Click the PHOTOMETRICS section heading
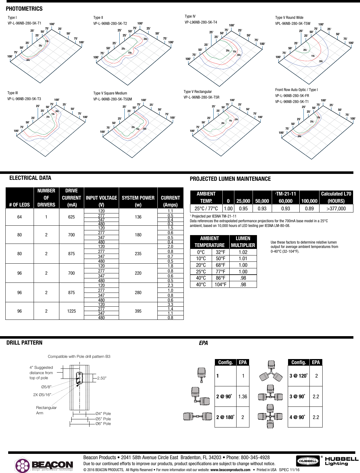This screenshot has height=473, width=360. click(24, 9)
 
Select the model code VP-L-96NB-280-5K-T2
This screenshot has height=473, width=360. click(110, 24)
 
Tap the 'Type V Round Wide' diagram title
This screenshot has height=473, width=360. click(289, 18)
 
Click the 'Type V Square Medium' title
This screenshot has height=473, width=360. click(110, 93)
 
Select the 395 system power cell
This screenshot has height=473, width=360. click(138, 311)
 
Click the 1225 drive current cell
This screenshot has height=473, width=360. click(71, 311)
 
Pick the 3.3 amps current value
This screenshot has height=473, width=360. click(170, 304)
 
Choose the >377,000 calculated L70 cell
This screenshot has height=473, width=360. click(336, 209)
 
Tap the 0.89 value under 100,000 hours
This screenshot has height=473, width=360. click(309, 209)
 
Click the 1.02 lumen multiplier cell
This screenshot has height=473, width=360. click(243, 252)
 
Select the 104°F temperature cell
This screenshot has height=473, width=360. click(220, 285)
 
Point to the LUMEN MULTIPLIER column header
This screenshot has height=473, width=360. click(243, 242)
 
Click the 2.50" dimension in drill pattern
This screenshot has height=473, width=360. click(101, 378)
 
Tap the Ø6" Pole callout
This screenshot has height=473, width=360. click(103, 424)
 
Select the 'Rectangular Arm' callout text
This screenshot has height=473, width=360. click(46, 410)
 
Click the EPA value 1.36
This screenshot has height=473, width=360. click(243, 397)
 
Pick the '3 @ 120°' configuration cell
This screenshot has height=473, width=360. click(298, 376)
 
